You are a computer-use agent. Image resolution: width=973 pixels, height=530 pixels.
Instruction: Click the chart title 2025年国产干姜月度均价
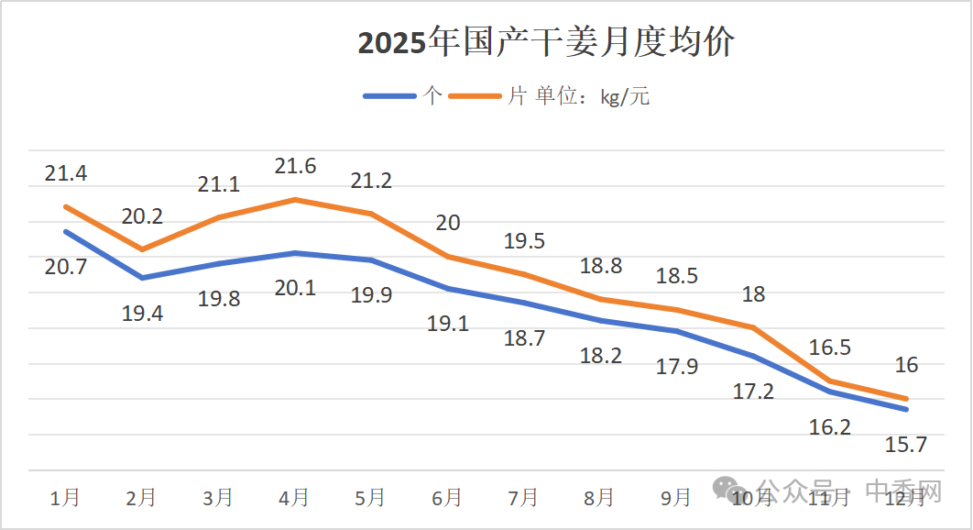coord(545,43)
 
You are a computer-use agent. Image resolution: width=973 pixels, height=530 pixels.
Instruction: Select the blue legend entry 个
coord(403,96)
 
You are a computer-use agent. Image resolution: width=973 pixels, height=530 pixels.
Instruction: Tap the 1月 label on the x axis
coord(65,497)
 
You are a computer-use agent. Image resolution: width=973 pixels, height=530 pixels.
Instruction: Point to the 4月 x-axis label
coord(294,497)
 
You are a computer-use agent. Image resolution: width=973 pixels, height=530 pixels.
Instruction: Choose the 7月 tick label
coord(523,497)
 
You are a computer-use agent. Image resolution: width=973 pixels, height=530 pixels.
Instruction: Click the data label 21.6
coord(295,166)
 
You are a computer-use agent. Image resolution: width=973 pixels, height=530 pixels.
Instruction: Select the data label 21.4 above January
coord(66,173)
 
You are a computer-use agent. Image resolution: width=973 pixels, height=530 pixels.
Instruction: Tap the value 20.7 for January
coord(66,268)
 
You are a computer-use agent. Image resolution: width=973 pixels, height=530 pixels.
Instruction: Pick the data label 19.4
coord(142,314)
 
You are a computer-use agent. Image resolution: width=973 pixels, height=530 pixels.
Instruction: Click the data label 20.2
coord(142,216)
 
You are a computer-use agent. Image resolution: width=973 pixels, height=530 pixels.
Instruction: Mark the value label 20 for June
coord(448,223)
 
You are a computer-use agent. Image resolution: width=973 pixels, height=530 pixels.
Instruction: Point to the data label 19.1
coord(448,324)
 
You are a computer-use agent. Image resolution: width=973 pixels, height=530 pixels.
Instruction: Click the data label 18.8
coord(601,266)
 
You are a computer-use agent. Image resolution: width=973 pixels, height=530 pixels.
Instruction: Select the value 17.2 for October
coord(753,392)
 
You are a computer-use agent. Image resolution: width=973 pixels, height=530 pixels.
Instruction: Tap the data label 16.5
coord(830,347)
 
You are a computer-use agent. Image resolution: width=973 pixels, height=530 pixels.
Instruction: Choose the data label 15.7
coord(906,445)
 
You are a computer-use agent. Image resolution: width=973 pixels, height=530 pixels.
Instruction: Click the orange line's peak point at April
coord(295,199)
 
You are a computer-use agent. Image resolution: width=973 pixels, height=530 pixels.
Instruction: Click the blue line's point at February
coord(142,278)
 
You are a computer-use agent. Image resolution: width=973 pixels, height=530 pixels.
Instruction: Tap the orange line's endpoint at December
coord(906,399)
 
